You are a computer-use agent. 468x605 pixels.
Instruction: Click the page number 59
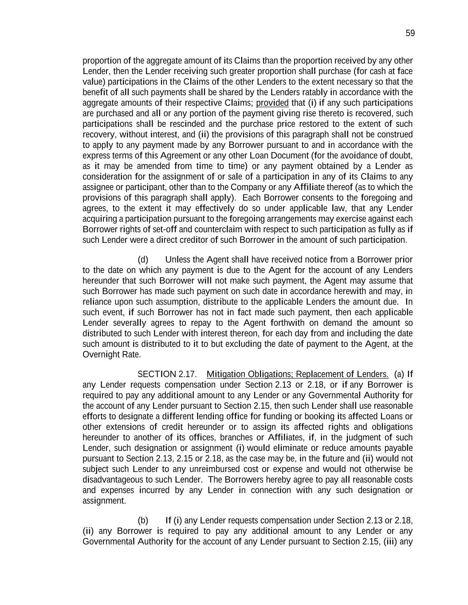tap(410, 33)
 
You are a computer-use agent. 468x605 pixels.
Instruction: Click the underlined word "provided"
tap(272, 103)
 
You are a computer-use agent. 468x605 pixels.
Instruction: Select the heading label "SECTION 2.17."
tap(167, 375)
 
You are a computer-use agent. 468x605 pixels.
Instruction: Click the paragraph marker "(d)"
tap(143, 260)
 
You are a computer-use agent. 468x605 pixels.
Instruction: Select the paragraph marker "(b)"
tap(143, 520)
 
